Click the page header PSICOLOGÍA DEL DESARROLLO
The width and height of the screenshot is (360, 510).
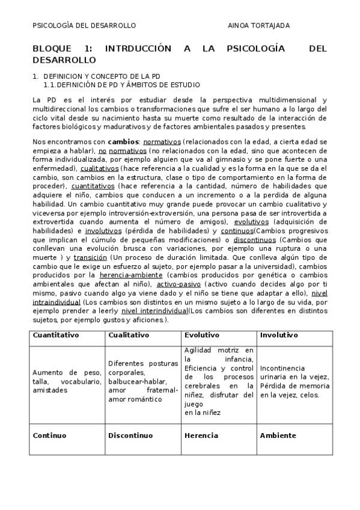84,25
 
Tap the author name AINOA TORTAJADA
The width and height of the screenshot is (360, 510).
258,25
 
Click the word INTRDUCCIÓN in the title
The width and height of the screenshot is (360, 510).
138,49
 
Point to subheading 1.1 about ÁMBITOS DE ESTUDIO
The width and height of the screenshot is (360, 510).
121,85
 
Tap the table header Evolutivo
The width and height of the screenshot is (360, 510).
202,335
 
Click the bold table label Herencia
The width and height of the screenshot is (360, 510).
201,435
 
